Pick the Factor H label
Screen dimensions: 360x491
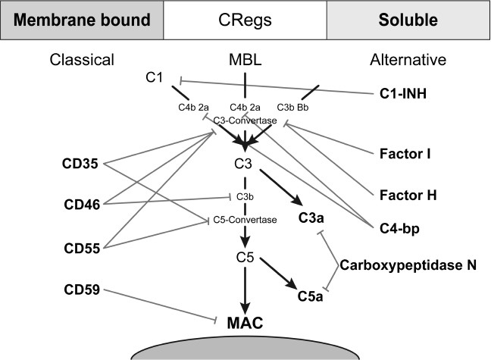409,194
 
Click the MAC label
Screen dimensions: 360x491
245,323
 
